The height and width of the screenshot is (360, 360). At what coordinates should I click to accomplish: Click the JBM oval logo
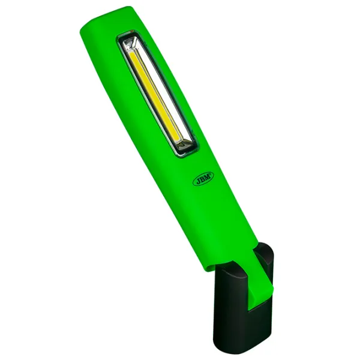coord(203,178)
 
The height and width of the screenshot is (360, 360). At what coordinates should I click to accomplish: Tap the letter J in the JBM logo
coord(197,181)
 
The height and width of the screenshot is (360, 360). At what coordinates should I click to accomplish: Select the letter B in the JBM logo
coord(203,179)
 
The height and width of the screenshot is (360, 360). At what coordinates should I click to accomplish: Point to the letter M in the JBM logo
coord(208,176)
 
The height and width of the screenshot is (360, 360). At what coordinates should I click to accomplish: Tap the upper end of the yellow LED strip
coord(131,54)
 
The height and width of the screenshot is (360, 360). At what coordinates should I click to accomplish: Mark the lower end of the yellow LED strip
coord(178,140)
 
